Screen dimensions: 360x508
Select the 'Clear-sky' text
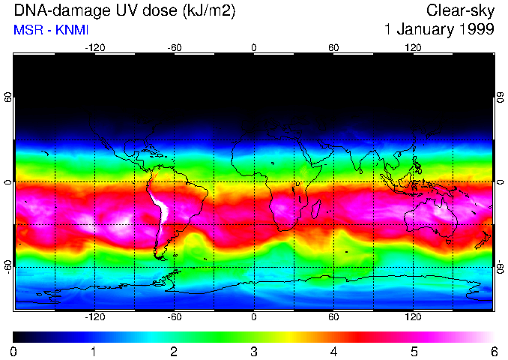[460, 10]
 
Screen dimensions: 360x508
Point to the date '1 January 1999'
[438, 29]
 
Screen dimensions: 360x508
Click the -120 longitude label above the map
[94, 47]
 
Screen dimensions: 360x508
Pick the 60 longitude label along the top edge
[333, 47]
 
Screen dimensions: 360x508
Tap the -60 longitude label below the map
[174, 317]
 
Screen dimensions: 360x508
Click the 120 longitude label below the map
[413, 317]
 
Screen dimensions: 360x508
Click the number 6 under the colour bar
[494, 351]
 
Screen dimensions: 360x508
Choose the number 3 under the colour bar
[253, 351]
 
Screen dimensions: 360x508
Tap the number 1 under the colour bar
[94, 351]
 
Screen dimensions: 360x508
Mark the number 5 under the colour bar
[414, 351]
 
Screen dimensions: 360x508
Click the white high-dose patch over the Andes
[160, 209]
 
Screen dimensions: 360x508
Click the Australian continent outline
[430, 217]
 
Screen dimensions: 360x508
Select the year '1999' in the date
[478, 29]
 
